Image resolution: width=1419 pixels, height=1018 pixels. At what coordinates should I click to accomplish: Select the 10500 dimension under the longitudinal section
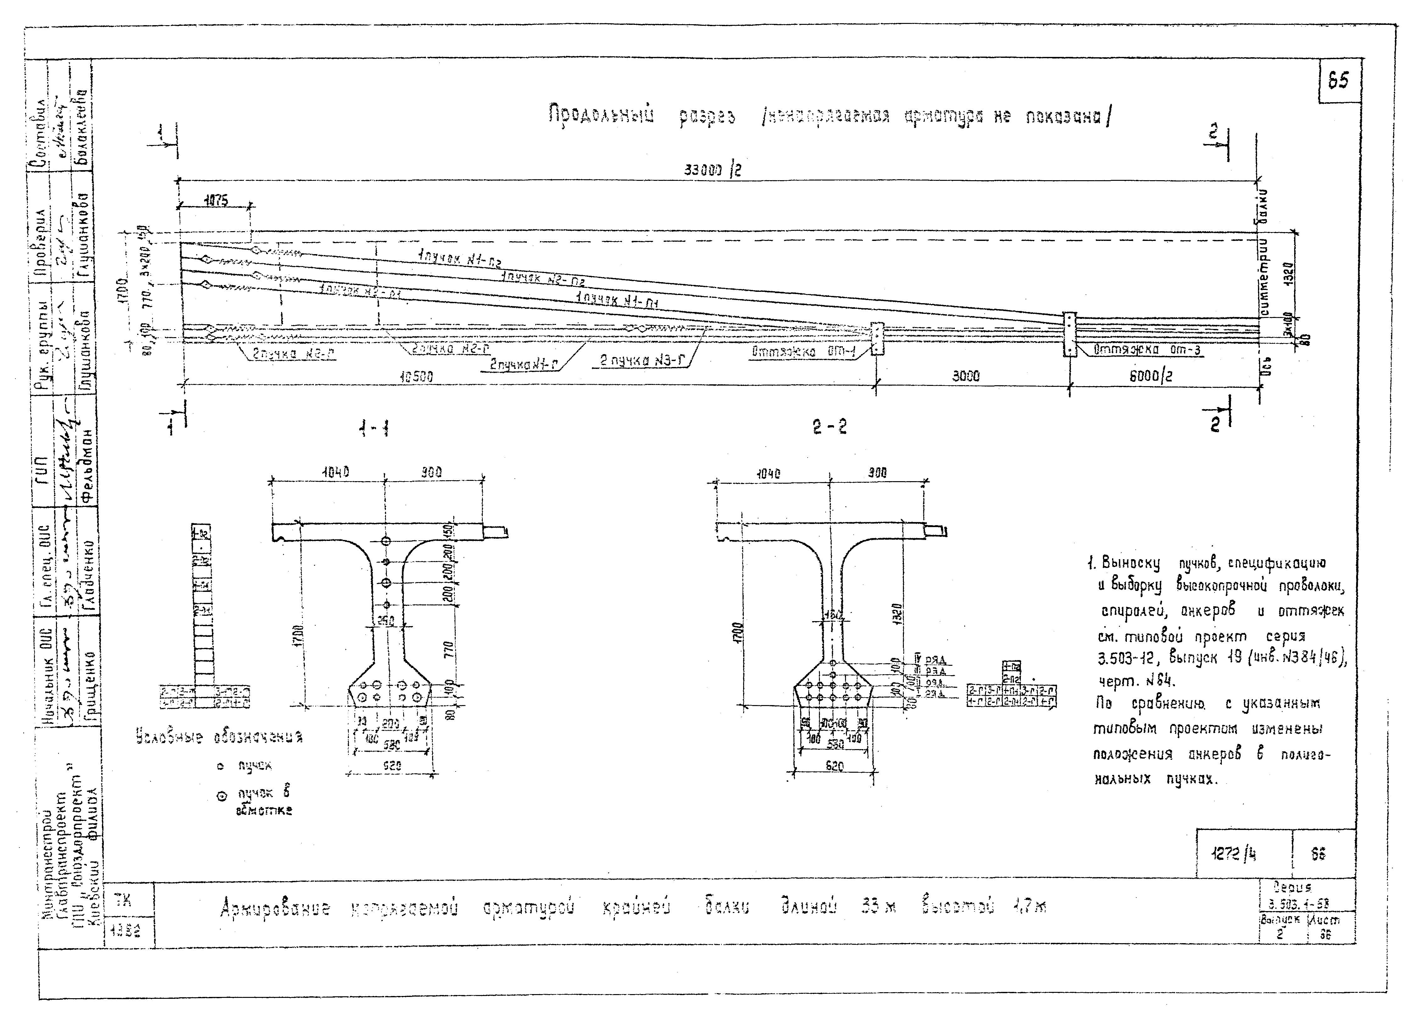point(416,377)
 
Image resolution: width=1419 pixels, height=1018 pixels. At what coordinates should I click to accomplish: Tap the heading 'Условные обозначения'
point(219,737)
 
